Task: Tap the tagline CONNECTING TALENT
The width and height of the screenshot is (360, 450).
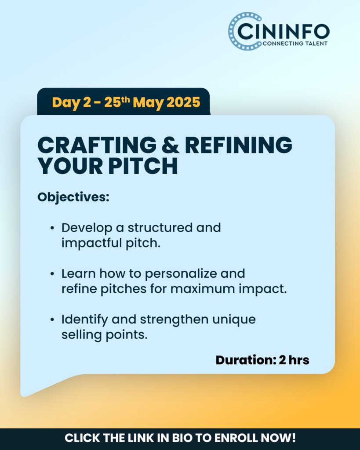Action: [295, 44]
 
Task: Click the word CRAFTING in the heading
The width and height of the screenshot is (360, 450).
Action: [97, 145]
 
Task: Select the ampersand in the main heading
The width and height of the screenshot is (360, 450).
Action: [171, 145]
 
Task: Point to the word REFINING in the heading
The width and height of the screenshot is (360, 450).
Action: [239, 145]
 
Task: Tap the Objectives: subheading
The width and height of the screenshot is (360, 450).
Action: [73, 197]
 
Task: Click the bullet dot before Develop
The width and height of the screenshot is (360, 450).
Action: [52, 228]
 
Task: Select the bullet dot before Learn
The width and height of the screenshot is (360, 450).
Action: [52, 274]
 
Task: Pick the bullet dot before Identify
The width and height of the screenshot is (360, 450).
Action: [52, 320]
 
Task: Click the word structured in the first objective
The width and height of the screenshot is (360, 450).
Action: [160, 228]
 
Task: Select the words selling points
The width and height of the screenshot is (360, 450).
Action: [105, 335]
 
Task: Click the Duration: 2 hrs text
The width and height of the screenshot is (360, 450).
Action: [262, 360]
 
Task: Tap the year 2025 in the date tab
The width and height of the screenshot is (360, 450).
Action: [183, 102]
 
